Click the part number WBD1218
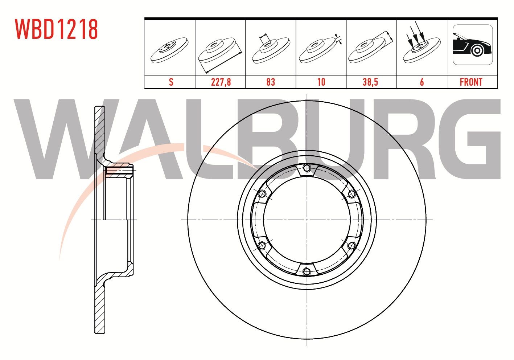(x=56, y=29)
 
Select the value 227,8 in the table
(x=221, y=82)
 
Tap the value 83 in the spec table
(x=271, y=82)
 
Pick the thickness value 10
(x=321, y=82)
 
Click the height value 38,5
(x=370, y=82)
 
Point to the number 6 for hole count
(x=422, y=82)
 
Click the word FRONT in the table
(x=471, y=82)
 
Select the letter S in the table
(x=171, y=82)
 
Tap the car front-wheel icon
(x=473, y=45)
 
